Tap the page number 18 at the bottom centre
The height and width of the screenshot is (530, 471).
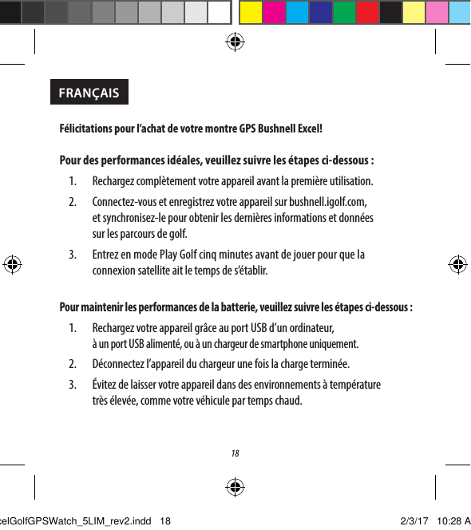(235, 454)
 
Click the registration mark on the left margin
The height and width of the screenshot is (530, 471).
(14, 264)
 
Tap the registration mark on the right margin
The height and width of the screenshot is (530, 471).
(457, 264)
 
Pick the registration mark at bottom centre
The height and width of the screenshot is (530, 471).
(235, 486)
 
